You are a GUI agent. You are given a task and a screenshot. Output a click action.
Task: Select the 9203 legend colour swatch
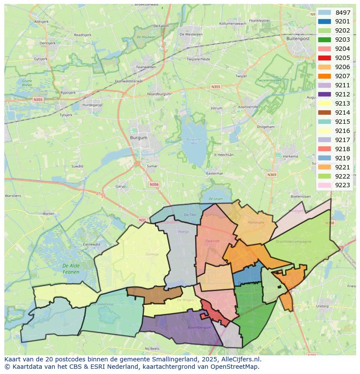click(324, 40)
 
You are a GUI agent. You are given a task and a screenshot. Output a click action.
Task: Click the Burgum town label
click(139, 138)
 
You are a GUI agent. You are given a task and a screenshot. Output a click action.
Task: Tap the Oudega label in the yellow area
click(152, 255)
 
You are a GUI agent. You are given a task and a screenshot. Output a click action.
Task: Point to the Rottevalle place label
click(256, 222)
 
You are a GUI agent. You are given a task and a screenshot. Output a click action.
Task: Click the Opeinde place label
click(213, 241)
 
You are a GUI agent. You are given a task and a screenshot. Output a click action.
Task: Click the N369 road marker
click(272, 175)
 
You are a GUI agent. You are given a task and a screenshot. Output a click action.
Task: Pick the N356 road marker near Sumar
click(154, 184)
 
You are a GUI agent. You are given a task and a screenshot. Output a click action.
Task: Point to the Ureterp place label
click(322, 306)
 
